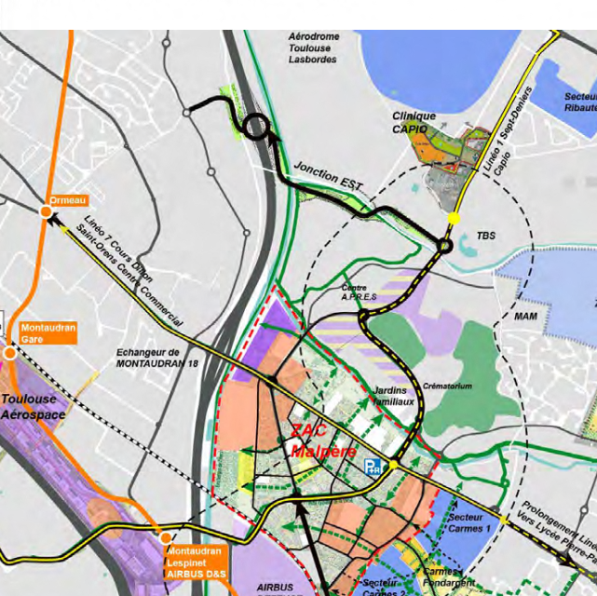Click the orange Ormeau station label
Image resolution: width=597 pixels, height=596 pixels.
(69, 199)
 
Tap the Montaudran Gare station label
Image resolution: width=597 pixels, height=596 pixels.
(47, 333)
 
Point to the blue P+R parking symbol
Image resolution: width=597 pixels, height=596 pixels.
(373, 465)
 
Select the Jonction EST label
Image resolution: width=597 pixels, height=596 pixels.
(328, 179)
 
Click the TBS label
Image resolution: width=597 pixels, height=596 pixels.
(486, 237)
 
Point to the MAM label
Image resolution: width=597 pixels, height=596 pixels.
(526, 317)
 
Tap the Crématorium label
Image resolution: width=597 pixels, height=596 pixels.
(447, 386)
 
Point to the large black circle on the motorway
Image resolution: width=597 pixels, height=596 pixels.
(256, 127)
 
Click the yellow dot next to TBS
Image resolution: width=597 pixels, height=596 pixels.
(454, 218)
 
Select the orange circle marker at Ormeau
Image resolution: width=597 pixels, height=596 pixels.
(47, 213)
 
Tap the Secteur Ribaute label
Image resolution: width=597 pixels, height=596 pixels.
(579, 102)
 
